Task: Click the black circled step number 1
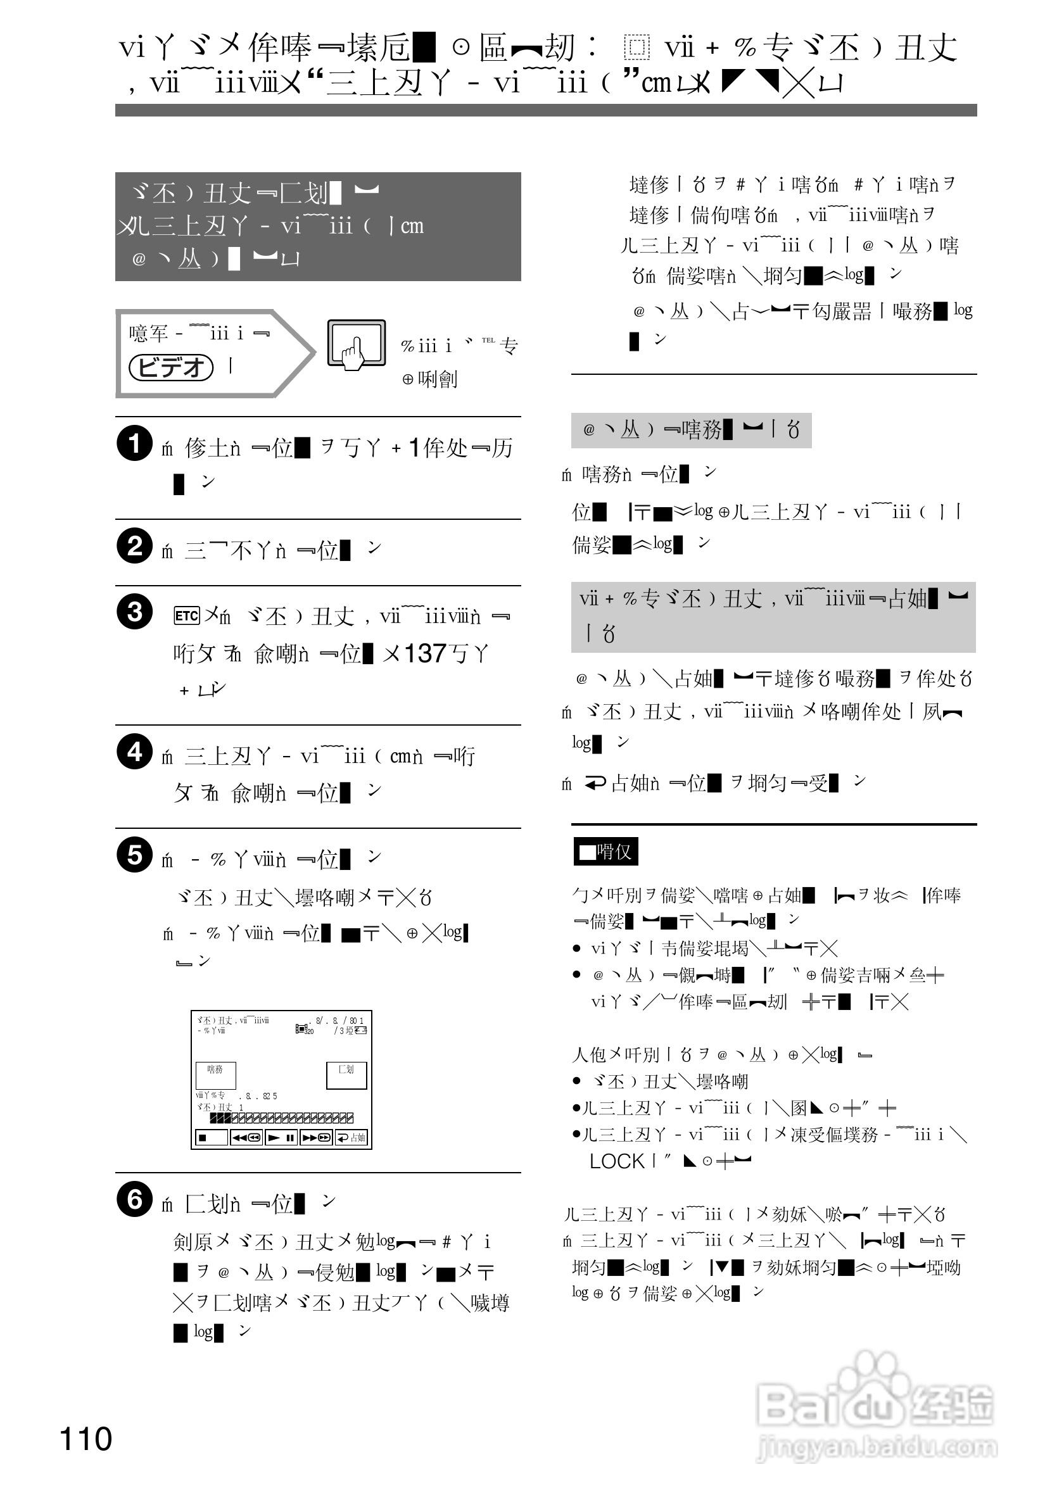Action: coord(134,443)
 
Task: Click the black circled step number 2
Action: coord(134,545)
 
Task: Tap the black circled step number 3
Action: coord(134,612)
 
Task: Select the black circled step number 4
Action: coord(134,752)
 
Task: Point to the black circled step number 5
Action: coord(134,855)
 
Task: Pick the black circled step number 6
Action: coord(134,1199)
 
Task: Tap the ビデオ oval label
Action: coord(171,367)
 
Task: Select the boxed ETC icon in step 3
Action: coord(186,615)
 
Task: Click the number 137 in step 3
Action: coord(425,653)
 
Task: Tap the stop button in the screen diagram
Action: coord(212,1137)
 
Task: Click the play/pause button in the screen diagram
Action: coord(282,1137)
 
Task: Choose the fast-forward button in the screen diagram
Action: coord(317,1137)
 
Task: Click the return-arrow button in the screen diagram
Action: coord(352,1137)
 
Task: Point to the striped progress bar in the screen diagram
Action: coord(282,1118)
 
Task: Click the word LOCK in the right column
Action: coord(617,1161)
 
